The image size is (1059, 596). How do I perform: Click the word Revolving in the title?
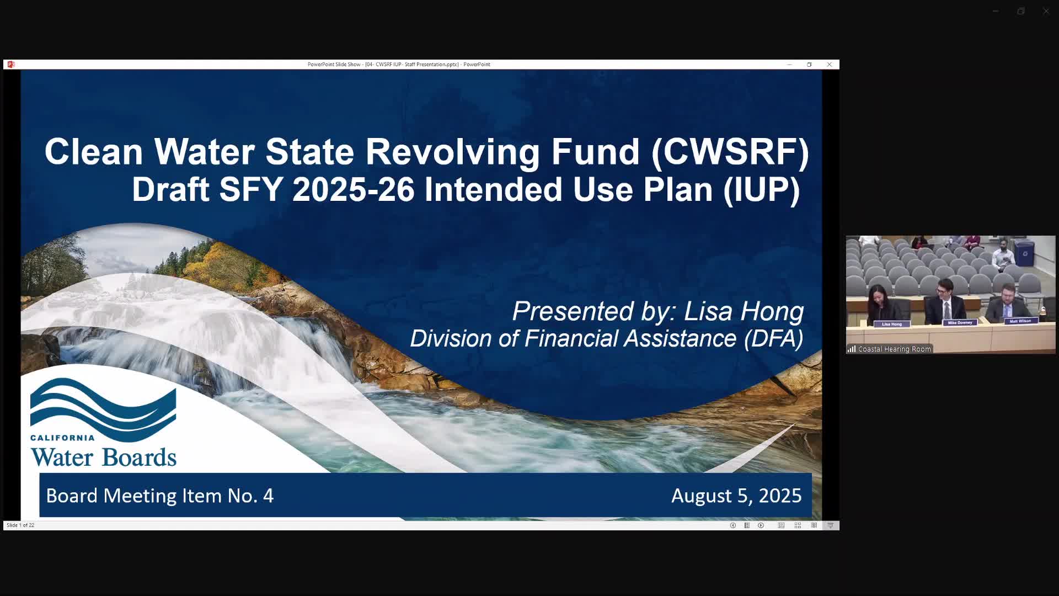[453, 152]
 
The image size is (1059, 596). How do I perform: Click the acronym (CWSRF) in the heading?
[730, 152]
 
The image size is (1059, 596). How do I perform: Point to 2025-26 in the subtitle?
[353, 190]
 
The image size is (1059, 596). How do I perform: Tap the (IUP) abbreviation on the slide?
[761, 190]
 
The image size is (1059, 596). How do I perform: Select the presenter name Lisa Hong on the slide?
[744, 311]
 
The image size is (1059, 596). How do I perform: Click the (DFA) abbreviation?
[773, 338]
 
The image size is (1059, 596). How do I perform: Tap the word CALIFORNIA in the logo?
[62, 438]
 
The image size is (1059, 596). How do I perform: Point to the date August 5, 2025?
[736, 496]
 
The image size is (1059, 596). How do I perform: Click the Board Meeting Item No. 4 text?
[159, 496]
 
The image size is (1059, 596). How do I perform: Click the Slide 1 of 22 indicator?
[20, 525]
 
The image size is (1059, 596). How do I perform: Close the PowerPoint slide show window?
[829, 65]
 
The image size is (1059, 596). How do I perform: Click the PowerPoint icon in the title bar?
[11, 65]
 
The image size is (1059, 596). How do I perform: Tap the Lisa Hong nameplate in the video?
[891, 324]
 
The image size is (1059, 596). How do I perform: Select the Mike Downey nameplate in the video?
[960, 322]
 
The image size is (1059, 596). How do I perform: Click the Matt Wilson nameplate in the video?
[1020, 321]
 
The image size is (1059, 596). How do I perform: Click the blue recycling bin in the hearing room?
[1025, 253]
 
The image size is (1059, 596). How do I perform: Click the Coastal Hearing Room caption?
[894, 349]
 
